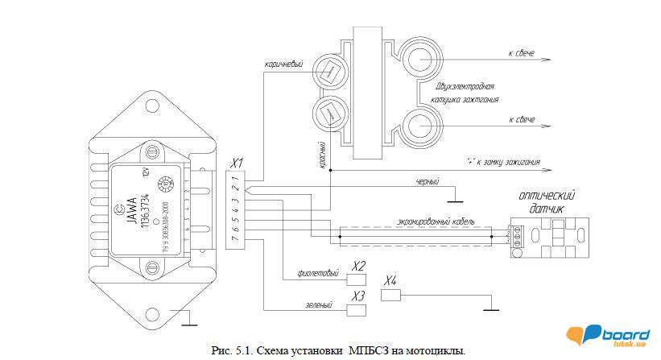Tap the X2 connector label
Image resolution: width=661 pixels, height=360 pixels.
pos(359,266)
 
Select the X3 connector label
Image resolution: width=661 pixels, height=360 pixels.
pos(359,296)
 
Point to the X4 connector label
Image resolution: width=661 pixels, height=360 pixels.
pos(390,280)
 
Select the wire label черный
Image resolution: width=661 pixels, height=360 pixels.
pos(428,181)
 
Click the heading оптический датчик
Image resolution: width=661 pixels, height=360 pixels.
pos(549,201)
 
